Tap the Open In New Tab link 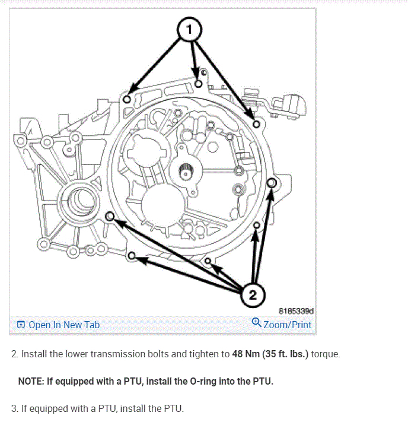64,325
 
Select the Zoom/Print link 287,325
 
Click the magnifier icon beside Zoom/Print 256,323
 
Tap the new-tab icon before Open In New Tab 21,325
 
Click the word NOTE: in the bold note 32,382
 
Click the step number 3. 15,409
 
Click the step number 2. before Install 15,354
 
